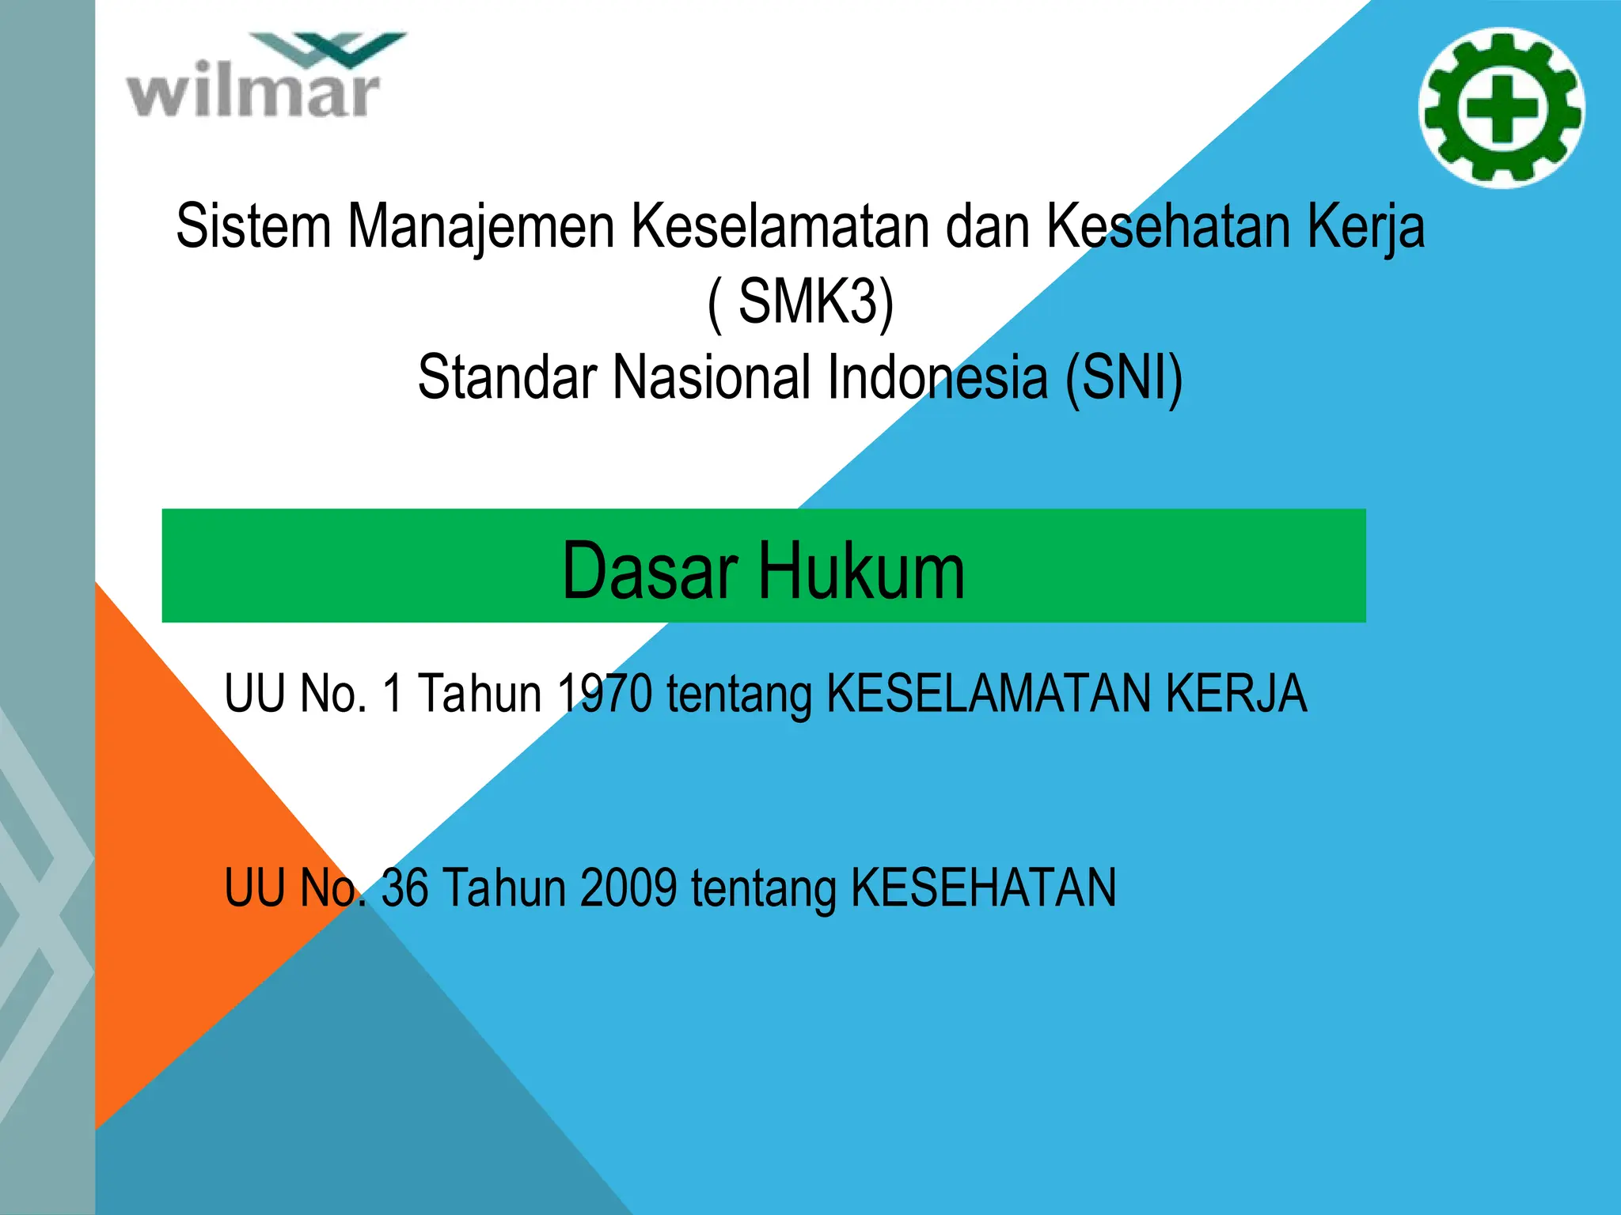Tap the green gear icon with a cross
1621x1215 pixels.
click(x=1501, y=108)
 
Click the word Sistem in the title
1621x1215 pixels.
click(x=253, y=227)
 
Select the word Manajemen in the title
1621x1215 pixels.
click(x=481, y=227)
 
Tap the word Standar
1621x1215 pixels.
click(x=507, y=377)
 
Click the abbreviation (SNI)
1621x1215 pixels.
click(x=1124, y=377)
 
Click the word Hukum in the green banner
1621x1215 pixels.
click(x=863, y=570)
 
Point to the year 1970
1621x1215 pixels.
click(x=605, y=694)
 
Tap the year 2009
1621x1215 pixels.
click(x=628, y=888)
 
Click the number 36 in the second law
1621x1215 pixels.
click(x=404, y=888)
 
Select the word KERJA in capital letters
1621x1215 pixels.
click(x=1236, y=694)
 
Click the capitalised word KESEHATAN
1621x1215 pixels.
click(x=983, y=888)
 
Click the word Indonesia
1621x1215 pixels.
click(x=939, y=377)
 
